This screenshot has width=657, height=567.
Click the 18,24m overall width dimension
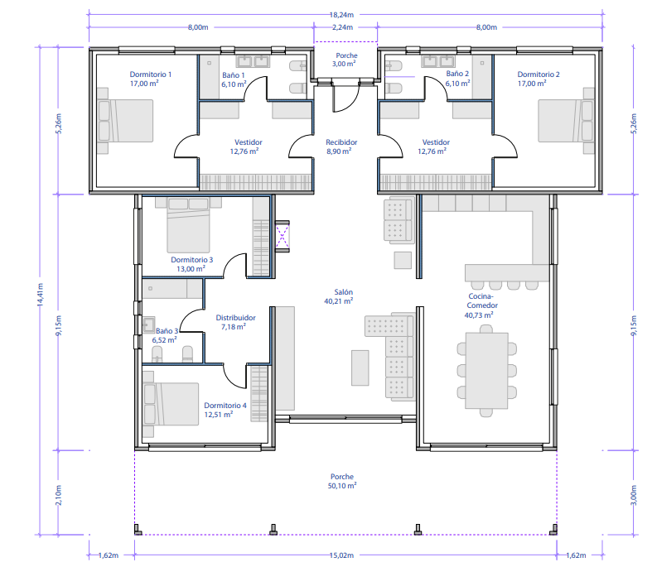coord(341,15)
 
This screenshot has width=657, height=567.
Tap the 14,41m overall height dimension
coord(41,295)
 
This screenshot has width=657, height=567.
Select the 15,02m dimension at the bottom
coord(341,555)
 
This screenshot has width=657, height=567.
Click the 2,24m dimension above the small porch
coord(342,27)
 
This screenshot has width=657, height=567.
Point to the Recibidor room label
coord(341,142)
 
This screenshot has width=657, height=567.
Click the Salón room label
coord(344,292)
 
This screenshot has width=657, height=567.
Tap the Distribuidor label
coord(235,318)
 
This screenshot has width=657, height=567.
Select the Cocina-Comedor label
coord(482,300)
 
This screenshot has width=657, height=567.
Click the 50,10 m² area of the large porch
coord(342,486)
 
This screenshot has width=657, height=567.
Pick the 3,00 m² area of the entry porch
coord(344,64)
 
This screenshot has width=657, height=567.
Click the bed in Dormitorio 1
coord(125,121)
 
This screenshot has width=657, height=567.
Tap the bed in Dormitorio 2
coord(566,121)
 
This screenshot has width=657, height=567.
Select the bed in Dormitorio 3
coord(188,225)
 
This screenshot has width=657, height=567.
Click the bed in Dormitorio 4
coord(171,404)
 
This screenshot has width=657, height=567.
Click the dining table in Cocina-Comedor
coord(486,371)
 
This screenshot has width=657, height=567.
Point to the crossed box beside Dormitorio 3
coord(283,236)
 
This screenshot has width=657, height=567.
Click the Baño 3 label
coord(167,331)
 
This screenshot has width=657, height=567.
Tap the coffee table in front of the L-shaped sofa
coord(360,368)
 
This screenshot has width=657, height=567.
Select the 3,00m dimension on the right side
coord(634,495)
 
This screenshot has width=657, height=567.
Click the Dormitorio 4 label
coord(225,406)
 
